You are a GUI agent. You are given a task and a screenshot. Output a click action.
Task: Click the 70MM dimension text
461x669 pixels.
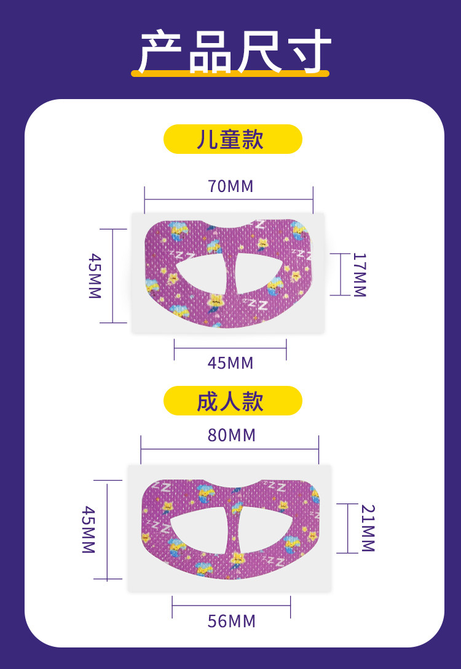[x=230, y=186]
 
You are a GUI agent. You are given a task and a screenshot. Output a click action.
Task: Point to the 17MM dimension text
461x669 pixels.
[x=359, y=274]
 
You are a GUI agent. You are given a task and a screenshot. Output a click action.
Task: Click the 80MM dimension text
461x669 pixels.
[x=231, y=435]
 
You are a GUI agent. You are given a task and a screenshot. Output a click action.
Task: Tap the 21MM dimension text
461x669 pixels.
[x=368, y=528]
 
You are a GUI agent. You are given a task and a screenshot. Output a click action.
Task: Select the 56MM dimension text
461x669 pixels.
[x=231, y=621]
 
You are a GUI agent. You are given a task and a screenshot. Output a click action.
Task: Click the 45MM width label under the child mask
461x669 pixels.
[x=230, y=363]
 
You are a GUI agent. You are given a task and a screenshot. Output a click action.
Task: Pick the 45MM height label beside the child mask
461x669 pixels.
[x=94, y=275]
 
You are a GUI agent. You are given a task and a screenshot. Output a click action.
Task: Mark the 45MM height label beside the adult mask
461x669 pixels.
[x=89, y=529]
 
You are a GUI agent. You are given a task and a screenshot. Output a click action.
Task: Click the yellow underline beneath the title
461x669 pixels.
[x=230, y=73]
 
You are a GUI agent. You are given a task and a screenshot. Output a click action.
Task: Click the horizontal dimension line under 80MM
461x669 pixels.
[x=230, y=449]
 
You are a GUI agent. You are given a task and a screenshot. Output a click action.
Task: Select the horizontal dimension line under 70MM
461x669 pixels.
[x=229, y=199]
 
